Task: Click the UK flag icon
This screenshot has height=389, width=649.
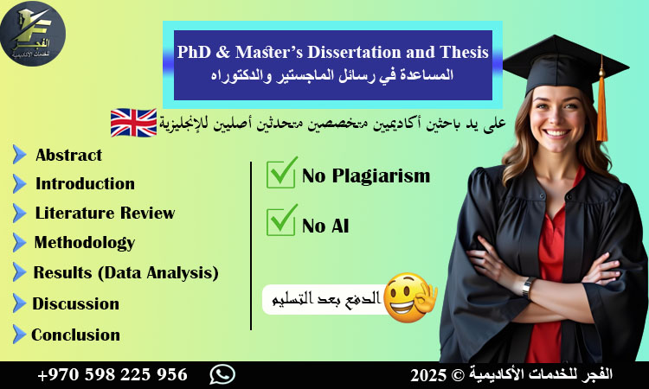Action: (133, 123)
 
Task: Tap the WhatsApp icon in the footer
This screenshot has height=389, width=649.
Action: (222, 374)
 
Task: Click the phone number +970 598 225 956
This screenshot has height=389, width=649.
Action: (112, 374)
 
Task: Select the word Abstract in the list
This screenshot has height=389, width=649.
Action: (68, 156)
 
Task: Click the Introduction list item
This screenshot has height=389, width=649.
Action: (85, 183)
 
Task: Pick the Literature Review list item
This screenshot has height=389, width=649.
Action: (105, 213)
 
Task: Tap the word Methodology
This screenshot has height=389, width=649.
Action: (84, 242)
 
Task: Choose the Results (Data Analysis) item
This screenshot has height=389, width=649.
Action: (125, 272)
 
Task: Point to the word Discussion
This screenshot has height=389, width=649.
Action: (75, 303)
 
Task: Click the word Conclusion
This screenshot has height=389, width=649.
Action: (75, 335)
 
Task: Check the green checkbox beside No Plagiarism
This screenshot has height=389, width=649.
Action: (281, 174)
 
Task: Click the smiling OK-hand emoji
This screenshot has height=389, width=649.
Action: (408, 297)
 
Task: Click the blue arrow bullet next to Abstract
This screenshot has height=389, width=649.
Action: (19, 156)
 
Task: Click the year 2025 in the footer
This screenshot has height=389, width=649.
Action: (427, 374)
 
